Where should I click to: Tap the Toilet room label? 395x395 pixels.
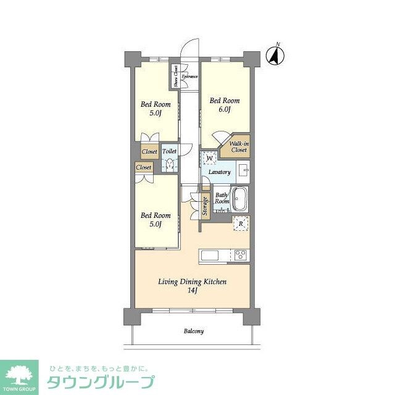coord(169,151)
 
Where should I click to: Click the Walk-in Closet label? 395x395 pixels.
coord(239,147)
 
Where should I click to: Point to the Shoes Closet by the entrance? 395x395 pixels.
coord(176,77)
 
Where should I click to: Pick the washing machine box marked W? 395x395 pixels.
coord(210,158)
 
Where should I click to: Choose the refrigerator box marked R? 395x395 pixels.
coord(241,223)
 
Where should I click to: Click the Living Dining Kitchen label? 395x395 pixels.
coord(193,281)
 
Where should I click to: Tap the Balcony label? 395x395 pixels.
coord(193,331)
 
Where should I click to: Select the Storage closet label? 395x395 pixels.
coord(205,207)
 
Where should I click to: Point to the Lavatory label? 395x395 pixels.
coord(219,172)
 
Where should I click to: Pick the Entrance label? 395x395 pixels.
coord(189,77)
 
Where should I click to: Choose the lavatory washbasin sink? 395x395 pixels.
coord(243,170)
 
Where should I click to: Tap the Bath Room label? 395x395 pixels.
coord(222,199)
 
